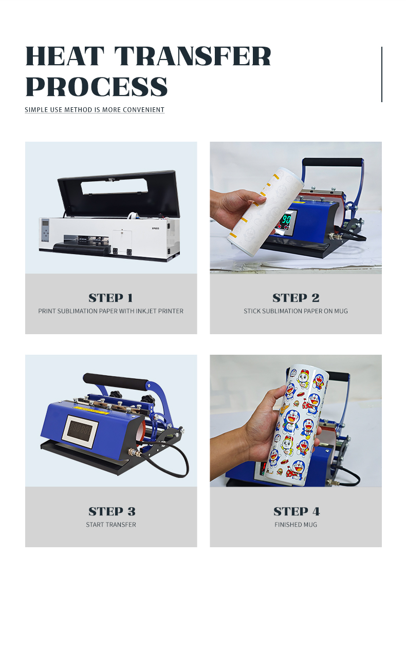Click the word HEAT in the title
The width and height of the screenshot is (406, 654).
coord(65,56)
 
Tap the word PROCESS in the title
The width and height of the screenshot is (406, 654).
coord(97,86)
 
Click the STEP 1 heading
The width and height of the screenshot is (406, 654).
coord(111,298)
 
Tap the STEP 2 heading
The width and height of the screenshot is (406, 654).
coord(296,298)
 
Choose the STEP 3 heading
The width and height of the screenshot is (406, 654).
coord(112,511)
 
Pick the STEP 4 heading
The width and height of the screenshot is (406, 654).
coord(297,511)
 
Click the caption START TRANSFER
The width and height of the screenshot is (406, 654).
coord(111,525)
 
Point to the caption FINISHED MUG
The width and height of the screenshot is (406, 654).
coord(296,525)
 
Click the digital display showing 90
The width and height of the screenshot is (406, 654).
coord(286,219)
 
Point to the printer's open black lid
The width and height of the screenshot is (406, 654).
coord(119,194)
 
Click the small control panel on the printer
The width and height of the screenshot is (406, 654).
coord(45,230)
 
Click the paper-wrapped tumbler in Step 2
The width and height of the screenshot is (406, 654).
coord(266,211)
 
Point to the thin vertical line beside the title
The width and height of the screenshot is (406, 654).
coord(382,74)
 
